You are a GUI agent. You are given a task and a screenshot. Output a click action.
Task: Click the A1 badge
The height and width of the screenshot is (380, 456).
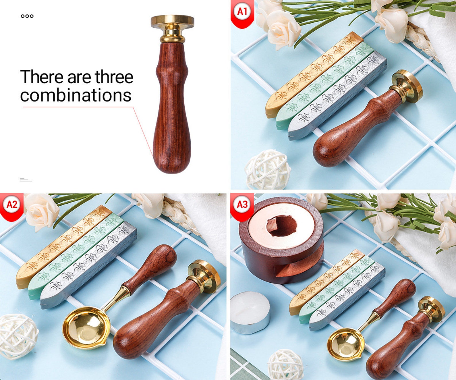click(242, 11)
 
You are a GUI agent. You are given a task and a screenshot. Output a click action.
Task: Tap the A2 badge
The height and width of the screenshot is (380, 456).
click(12, 205)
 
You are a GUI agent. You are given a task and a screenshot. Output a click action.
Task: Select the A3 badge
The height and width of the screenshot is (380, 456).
click(242, 205)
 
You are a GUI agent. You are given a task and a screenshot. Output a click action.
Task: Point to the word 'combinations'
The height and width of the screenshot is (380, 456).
click(76, 95)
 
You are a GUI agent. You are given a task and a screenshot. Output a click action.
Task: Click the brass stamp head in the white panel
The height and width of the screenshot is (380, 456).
click(172, 21)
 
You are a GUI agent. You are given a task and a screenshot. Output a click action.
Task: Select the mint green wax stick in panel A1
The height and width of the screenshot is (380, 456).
click(324, 86)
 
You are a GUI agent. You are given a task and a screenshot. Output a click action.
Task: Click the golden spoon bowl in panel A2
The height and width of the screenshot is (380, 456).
click(86, 327)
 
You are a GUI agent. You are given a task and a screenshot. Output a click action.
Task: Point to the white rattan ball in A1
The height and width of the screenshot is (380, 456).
click(267, 169)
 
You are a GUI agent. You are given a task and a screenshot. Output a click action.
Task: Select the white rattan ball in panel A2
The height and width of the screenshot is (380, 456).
click(17, 336)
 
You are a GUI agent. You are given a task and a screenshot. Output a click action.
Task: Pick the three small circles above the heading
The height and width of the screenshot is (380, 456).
click(27, 16)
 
